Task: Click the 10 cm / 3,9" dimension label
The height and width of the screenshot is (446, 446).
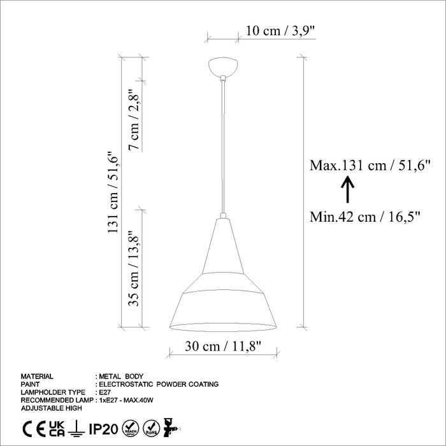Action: coord(281,31)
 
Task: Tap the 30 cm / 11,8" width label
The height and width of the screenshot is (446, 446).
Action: coord(223,346)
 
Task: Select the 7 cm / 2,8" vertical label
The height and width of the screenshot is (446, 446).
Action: coord(133,120)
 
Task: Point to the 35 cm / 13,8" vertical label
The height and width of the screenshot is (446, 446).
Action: coord(133,268)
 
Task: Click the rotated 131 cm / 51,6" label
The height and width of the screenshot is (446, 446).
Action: coord(113,192)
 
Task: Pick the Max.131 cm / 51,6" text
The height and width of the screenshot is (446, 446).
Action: coord(370,165)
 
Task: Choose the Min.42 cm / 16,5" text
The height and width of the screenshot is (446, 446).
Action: coord(365,217)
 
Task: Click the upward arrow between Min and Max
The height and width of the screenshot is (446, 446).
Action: coord(347,189)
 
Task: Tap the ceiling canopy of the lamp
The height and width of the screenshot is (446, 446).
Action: coord(223,66)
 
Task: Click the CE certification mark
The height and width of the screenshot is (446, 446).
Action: coord(34,429)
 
